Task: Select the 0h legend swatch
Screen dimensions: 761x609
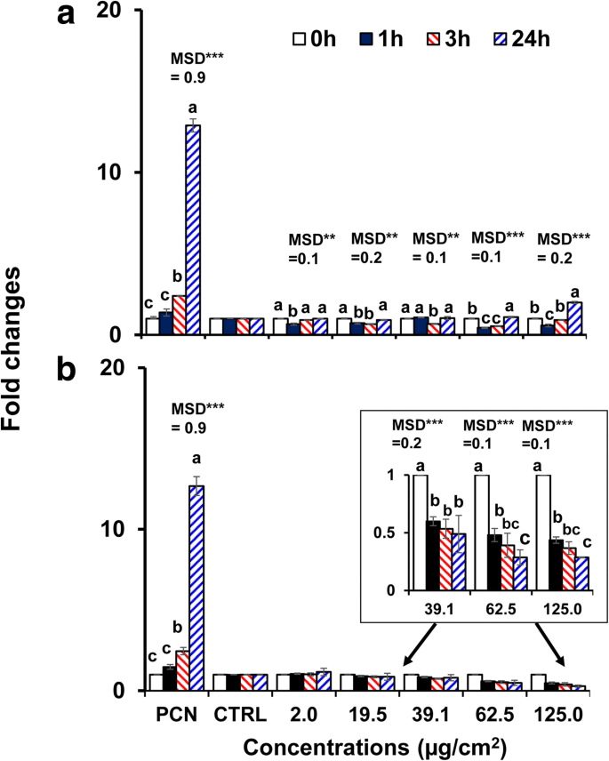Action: [x=300, y=40]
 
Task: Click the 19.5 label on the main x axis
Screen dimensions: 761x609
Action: [x=360, y=714]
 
